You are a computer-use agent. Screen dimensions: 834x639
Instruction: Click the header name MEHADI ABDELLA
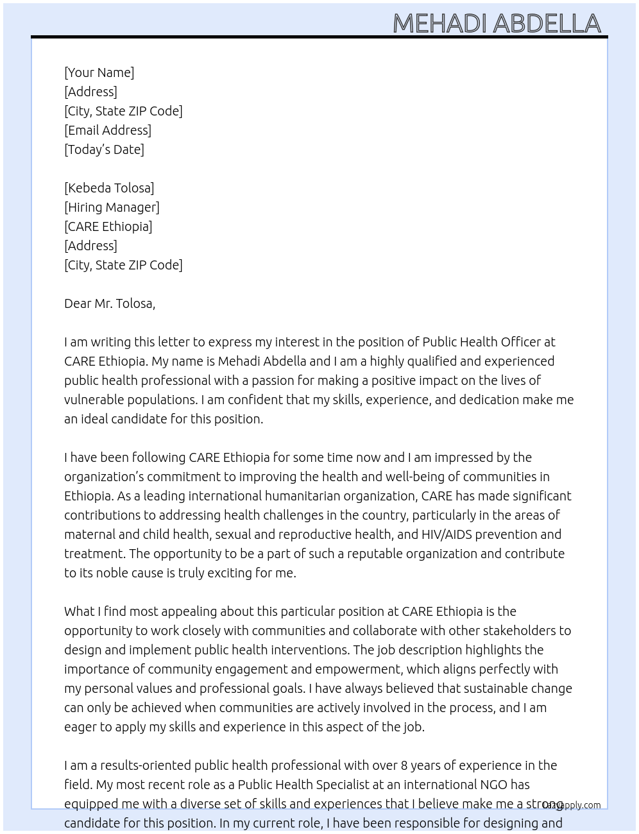(x=497, y=23)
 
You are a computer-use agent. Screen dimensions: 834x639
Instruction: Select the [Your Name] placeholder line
(x=99, y=72)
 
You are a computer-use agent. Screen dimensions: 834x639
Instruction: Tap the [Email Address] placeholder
(x=108, y=130)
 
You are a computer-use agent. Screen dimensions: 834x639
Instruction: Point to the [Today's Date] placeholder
(x=104, y=149)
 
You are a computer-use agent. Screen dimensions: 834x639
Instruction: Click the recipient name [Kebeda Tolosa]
(x=109, y=188)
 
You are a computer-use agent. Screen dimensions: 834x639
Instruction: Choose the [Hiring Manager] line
(x=112, y=207)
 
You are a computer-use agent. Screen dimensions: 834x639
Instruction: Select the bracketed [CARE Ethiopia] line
(x=108, y=226)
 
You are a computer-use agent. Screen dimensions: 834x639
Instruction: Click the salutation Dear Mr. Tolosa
(x=110, y=303)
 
